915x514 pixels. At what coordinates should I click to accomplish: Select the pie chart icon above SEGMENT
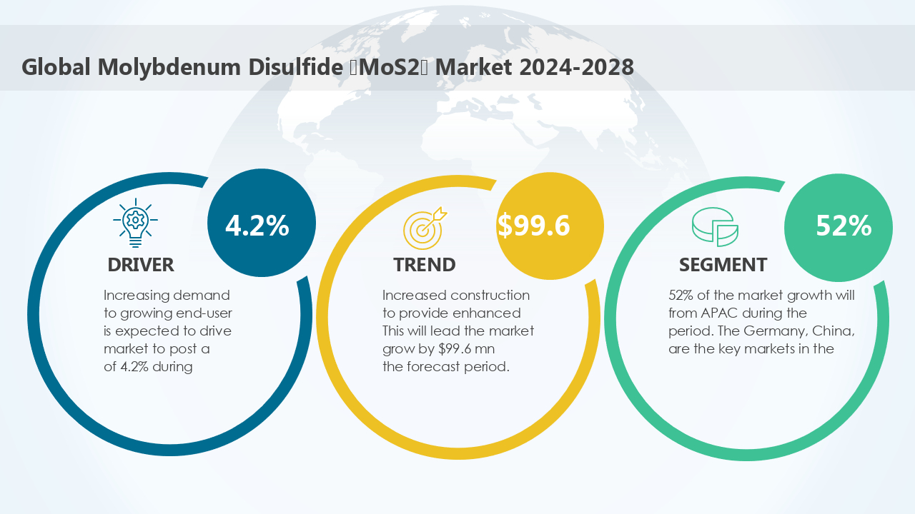click(715, 226)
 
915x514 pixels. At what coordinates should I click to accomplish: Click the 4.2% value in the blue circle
click(257, 226)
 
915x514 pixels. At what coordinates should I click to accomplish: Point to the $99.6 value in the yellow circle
click(534, 225)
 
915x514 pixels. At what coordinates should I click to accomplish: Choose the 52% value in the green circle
click(844, 226)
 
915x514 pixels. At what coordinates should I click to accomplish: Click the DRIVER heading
click(141, 265)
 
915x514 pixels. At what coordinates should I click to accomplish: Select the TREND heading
click(425, 265)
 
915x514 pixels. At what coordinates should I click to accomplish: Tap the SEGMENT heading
click(723, 265)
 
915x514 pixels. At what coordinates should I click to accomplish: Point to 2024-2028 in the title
click(576, 67)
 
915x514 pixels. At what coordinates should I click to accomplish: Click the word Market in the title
click(474, 67)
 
